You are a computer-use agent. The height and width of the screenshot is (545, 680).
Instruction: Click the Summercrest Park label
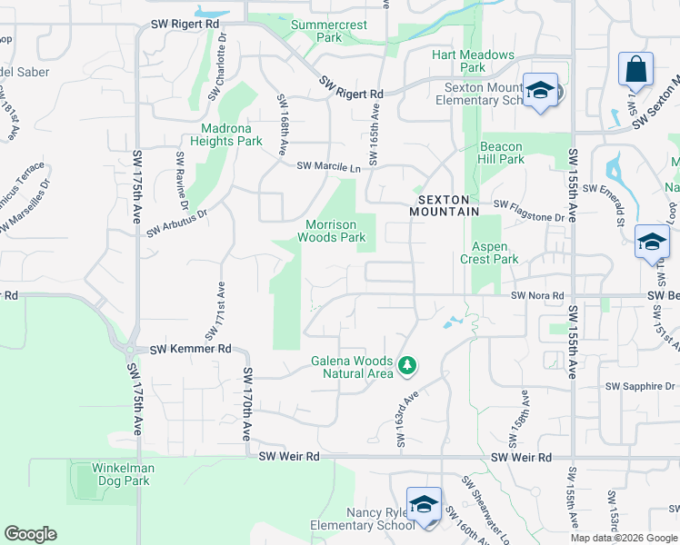click(329, 31)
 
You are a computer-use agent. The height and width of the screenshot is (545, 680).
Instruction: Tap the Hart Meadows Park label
click(473, 61)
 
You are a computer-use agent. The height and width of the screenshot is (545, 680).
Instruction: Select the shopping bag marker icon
click(635, 70)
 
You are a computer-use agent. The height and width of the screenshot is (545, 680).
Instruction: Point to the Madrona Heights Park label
click(225, 134)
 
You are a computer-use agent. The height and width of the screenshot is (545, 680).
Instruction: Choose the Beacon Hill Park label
click(501, 153)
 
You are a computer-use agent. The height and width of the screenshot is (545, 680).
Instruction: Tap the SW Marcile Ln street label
click(328, 167)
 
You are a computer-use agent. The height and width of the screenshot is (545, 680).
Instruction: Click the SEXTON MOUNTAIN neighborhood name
click(448, 205)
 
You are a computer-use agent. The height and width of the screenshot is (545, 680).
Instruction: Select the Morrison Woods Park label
click(335, 231)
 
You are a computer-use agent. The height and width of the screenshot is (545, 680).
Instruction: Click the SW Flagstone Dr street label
click(529, 217)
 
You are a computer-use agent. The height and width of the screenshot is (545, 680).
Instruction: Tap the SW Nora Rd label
click(537, 296)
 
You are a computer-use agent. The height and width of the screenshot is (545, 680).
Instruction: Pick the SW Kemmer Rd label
click(191, 349)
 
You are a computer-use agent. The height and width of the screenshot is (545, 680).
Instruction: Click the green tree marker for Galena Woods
click(408, 366)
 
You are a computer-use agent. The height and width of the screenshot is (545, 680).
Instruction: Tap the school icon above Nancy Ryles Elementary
click(424, 504)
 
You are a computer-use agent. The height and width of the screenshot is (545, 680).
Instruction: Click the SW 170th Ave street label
click(246, 405)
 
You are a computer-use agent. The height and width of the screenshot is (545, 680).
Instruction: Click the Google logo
click(30, 534)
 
